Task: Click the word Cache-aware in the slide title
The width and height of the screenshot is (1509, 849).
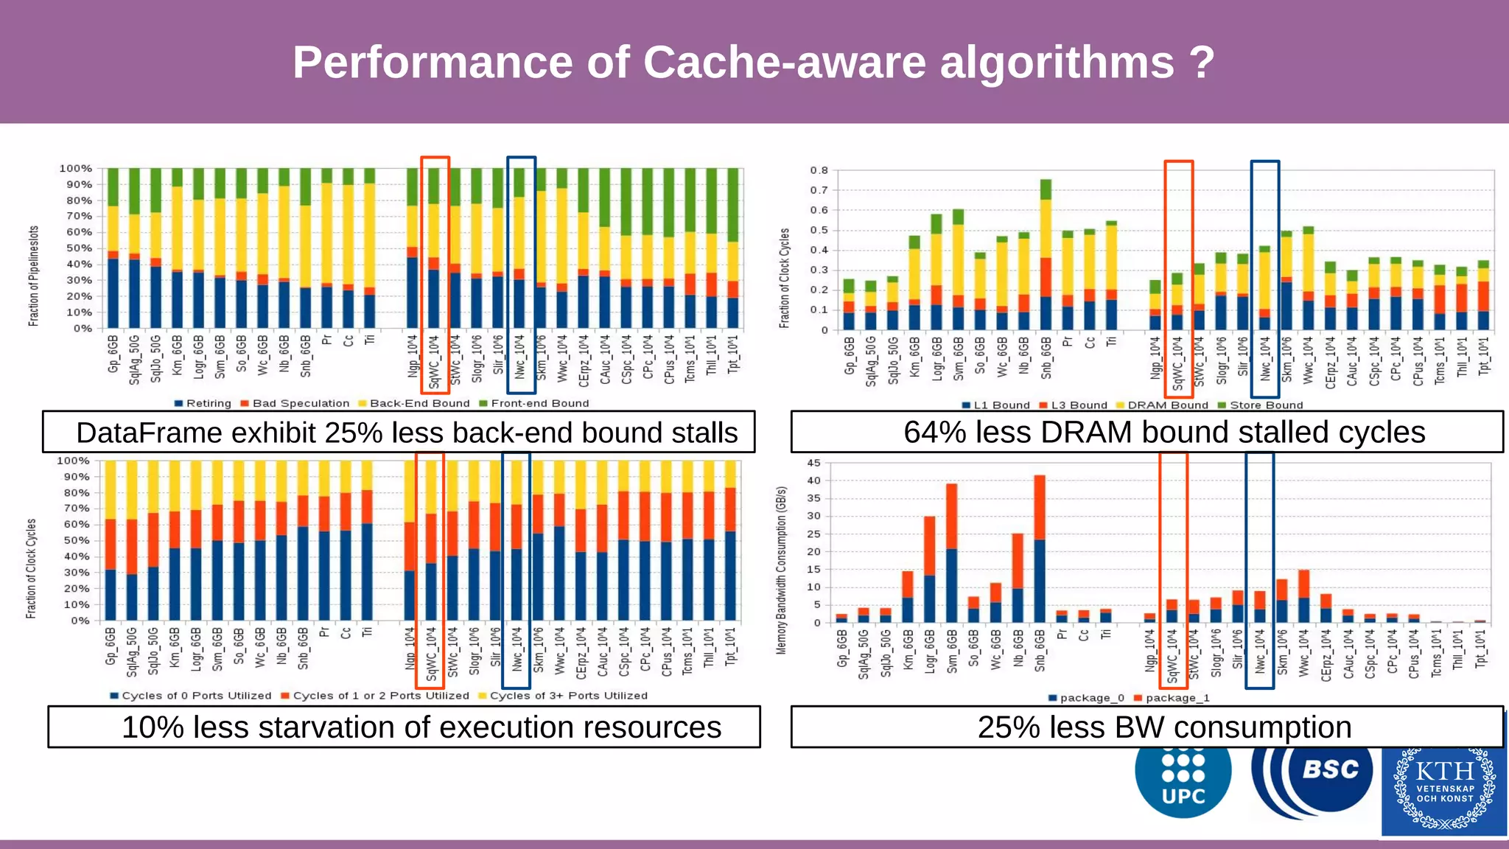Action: point(785,62)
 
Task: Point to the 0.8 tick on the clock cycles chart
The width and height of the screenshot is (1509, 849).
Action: point(819,170)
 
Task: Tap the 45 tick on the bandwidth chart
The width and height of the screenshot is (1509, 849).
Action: point(813,463)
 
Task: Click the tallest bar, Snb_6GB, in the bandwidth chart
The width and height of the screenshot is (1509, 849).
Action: point(1040,549)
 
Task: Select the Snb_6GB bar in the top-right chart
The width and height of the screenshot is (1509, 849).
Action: point(1046,254)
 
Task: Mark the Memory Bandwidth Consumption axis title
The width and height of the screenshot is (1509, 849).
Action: point(782,570)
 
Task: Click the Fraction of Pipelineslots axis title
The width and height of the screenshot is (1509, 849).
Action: point(33,276)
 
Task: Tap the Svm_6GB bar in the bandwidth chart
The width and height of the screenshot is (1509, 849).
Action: point(951,553)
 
